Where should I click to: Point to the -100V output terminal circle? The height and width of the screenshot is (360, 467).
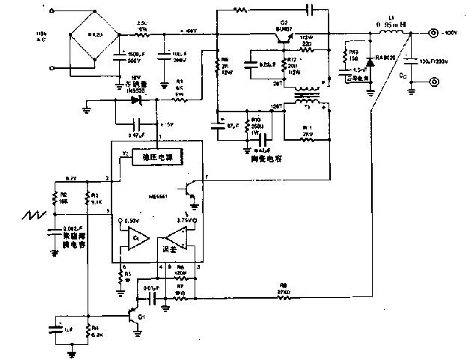tap(434, 34)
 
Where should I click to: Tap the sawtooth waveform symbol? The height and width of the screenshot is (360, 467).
tap(32, 222)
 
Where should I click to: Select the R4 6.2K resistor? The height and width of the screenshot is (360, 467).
tap(88, 330)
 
